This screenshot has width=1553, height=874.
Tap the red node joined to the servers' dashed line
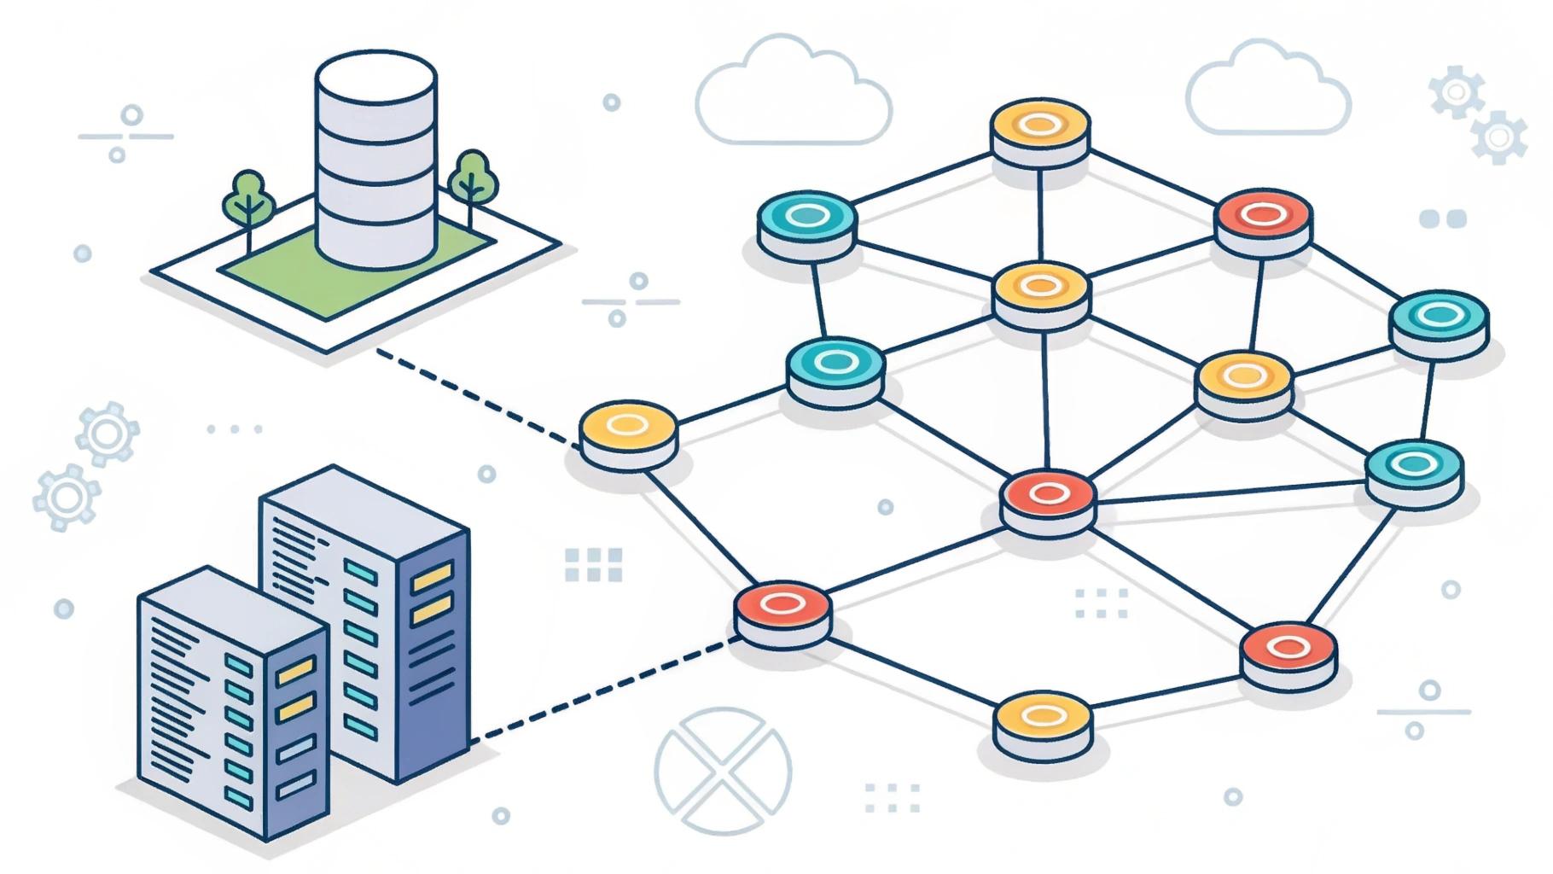[x=782, y=605]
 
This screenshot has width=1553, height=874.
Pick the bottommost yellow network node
[x=1043, y=715]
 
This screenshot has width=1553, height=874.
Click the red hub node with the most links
[x=1048, y=493]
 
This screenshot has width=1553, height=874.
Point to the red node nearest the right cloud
[x=1263, y=215]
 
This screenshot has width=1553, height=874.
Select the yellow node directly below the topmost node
[x=1041, y=286]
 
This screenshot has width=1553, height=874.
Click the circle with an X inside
[x=723, y=771]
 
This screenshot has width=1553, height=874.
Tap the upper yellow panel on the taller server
[x=432, y=578]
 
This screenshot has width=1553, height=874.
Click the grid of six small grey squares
[x=594, y=565]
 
